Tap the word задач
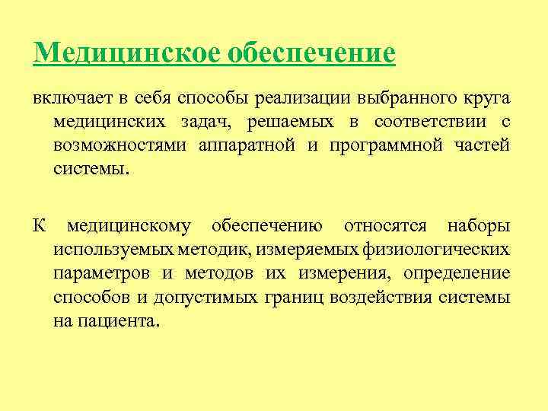tap(200, 122)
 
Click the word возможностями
tap(120, 145)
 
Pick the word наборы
tap(479, 226)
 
